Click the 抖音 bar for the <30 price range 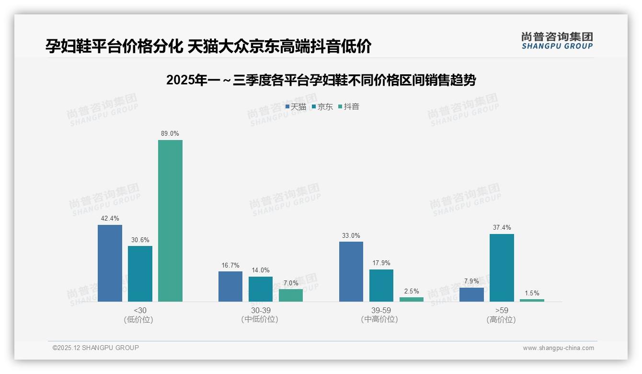pyautogui.click(x=170, y=221)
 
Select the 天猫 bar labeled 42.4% pyautogui.click(x=110, y=263)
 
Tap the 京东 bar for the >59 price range pyautogui.click(x=502, y=268)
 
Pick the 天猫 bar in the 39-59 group pyautogui.click(x=351, y=271)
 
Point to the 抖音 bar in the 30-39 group pyautogui.click(x=291, y=295)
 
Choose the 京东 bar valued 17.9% pyautogui.click(x=381, y=285)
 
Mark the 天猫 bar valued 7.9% pyautogui.click(x=471, y=294)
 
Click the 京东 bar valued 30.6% pyautogui.click(x=140, y=273)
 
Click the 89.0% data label pyautogui.click(x=170, y=134)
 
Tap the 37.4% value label pyautogui.click(x=502, y=228)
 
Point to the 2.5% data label pyautogui.click(x=412, y=291)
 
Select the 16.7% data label pyautogui.click(x=230, y=265)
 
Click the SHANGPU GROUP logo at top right pyautogui.click(x=557, y=41)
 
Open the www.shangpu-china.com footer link pyautogui.click(x=558, y=348)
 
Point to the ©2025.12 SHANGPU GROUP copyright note pyautogui.click(x=96, y=348)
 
